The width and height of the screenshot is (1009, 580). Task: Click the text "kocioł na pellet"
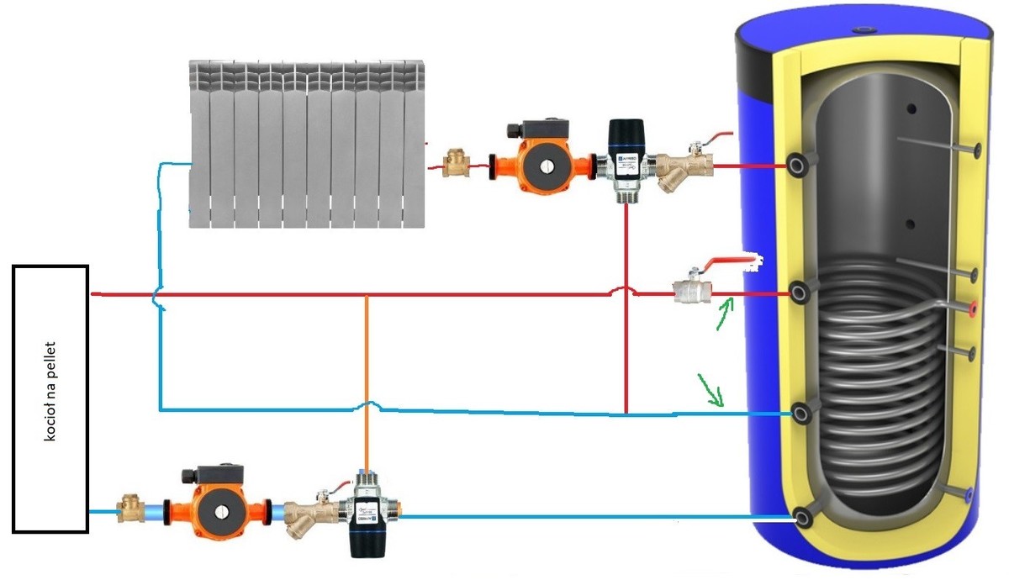pyautogui.click(x=50, y=398)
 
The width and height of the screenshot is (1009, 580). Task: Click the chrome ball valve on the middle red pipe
pyautogui.click(x=693, y=292)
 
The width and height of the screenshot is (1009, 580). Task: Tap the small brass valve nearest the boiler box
pyautogui.click(x=131, y=509)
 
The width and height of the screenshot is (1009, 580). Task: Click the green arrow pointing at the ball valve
pyautogui.click(x=724, y=313)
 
